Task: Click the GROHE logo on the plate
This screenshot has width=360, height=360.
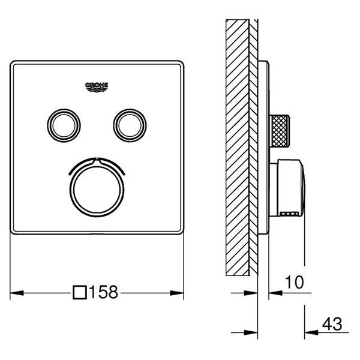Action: tap(97, 87)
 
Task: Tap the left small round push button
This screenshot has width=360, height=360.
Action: tap(64, 125)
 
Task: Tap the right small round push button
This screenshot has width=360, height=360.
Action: tap(130, 125)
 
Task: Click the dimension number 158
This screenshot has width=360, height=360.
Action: tap(103, 292)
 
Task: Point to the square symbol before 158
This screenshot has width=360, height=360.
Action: tap(80, 293)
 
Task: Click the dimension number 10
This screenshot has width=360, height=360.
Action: tap(295, 283)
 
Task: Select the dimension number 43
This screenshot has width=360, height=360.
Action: tap(332, 324)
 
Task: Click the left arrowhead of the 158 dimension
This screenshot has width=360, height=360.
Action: tap(17, 293)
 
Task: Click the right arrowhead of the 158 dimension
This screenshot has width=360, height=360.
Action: tap(177, 293)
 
